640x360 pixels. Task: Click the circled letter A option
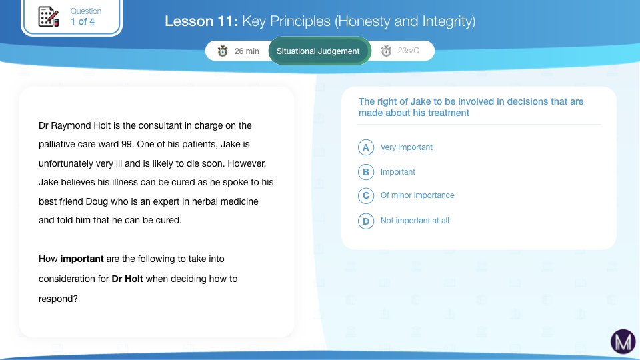pyautogui.click(x=366, y=147)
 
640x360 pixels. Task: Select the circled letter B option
pyautogui.click(x=366, y=172)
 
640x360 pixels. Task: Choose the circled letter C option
pyautogui.click(x=366, y=195)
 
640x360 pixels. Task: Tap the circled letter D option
pyautogui.click(x=366, y=221)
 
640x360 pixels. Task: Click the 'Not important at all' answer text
pyautogui.click(x=415, y=221)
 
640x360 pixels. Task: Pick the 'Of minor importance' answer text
pyautogui.click(x=417, y=195)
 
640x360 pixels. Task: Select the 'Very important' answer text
pyautogui.click(x=406, y=147)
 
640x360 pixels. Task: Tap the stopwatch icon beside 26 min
pyautogui.click(x=223, y=51)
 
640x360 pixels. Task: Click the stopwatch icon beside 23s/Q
pyautogui.click(x=386, y=51)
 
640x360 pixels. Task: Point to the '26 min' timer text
pyautogui.click(x=247, y=51)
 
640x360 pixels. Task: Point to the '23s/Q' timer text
pyautogui.click(x=409, y=51)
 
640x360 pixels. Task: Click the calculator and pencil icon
pyautogui.click(x=49, y=17)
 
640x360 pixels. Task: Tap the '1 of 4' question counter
pyautogui.click(x=83, y=21)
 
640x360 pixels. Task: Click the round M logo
pyautogui.click(x=623, y=341)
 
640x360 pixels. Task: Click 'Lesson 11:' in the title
pyautogui.click(x=201, y=21)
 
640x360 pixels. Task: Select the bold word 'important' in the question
pyautogui.click(x=82, y=259)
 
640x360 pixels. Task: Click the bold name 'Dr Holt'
pyautogui.click(x=127, y=279)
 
